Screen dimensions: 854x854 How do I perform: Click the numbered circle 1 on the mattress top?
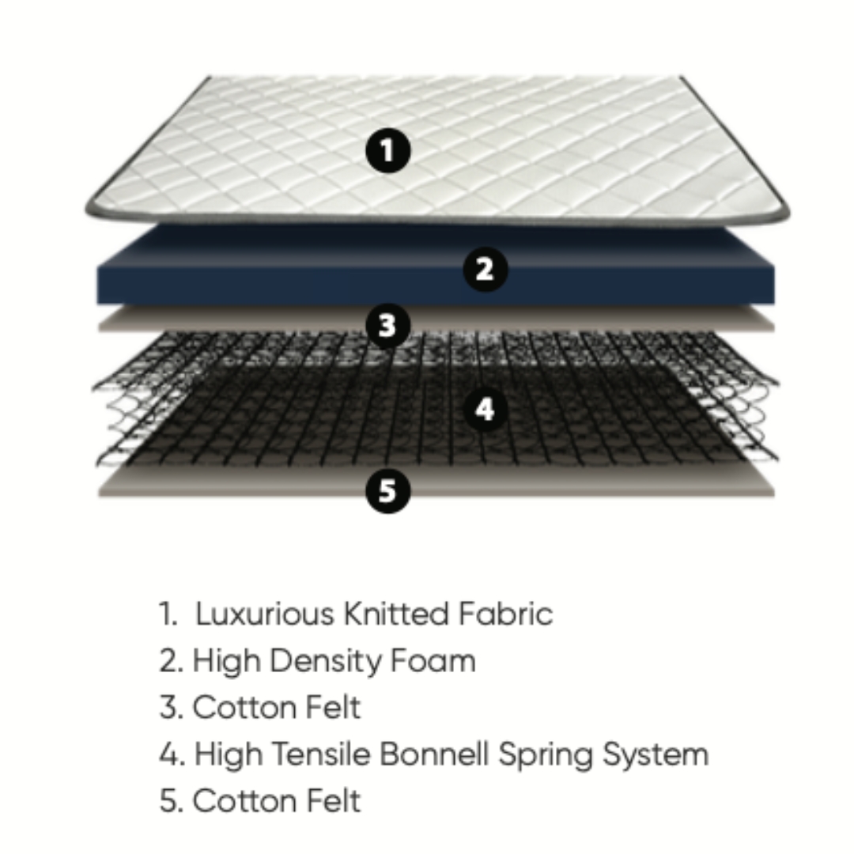pyautogui.click(x=387, y=150)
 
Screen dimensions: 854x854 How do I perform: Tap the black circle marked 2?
pyautogui.click(x=486, y=269)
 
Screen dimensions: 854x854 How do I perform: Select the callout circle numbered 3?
pyautogui.click(x=387, y=326)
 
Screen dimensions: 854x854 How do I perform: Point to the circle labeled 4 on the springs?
pyautogui.click(x=486, y=409)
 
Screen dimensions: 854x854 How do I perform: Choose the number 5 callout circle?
pyautogui.click(x=387, y=491)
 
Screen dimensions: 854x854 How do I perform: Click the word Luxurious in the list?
pyautogui.click(x=265, y=614)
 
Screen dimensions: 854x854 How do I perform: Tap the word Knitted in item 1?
pyautogui.click(x=396, y=614)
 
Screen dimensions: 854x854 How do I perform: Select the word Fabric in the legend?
pyautogui.click(x=505, y=614)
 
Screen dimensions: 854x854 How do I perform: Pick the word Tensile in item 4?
pyautogui.click(x=320, y=754)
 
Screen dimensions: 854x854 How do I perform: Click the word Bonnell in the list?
pyautogui.click(x=433, y=754)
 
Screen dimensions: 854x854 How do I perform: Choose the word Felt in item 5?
pyautogui.click(x=333, y=800)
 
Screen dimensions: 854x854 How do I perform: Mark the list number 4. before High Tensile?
pyautogui.click(x=172, y=755)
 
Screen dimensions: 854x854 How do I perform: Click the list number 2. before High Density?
pyautogui.click(x=172, y=661)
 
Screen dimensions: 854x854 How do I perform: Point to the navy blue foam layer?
pyautogui.click(x=435, y=267)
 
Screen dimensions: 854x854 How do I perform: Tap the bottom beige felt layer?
pyautogui.click(x=436, y=482)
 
